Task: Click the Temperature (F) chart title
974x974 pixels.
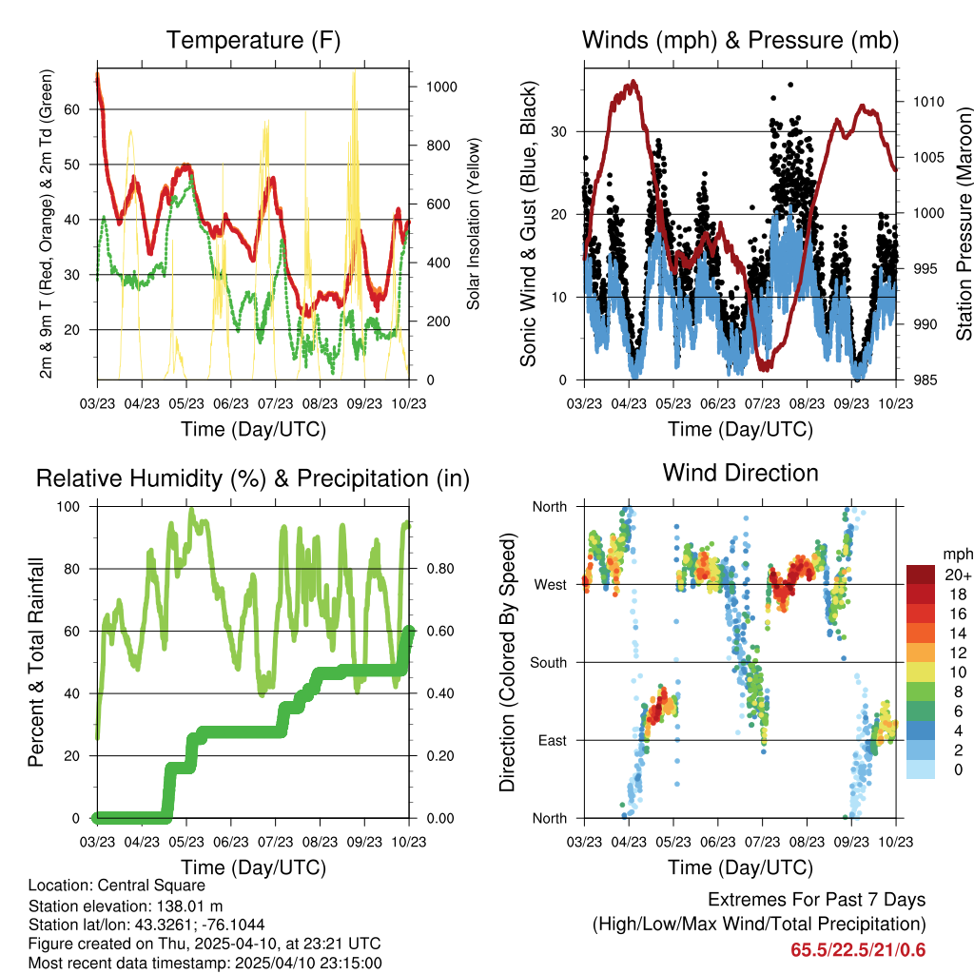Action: (x=253, y=40)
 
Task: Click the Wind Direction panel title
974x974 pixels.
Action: (x=740, y=472)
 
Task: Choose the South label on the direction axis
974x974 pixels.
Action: (x=548, y=662)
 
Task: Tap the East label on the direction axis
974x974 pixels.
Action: (x=552, y=740)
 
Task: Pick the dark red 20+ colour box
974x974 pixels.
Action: (x=920, y=574)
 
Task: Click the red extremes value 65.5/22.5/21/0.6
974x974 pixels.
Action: (x=857, y=950)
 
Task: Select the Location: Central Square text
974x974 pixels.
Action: (x=116, y=886)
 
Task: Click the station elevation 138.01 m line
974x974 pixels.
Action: (x=119, y=906)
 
